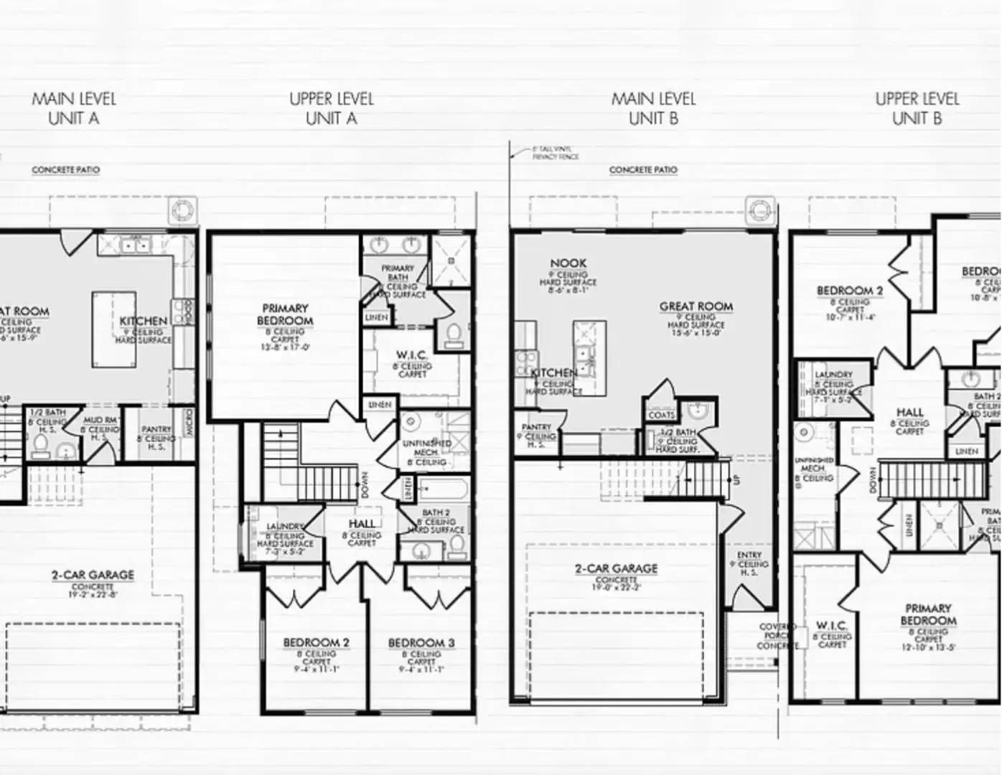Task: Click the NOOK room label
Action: [568, 263]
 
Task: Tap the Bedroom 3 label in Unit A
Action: [421, 643]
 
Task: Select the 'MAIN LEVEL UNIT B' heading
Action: [653, 108]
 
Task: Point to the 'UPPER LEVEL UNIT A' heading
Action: [332, 108]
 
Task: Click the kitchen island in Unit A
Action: [113, 328]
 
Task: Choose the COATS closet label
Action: [661, 415]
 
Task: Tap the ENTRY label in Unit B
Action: [749, 555]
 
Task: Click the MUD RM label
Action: [100, 420]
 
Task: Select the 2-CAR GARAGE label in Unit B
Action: [616, 568]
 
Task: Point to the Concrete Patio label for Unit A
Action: [65, 170]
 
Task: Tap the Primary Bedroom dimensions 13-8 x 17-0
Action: [285, 347]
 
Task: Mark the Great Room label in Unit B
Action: [696, 306]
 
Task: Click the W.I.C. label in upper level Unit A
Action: [412, 355]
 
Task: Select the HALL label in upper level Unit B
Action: [909, 413]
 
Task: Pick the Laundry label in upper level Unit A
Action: [285, 527]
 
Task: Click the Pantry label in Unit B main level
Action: [536, 427]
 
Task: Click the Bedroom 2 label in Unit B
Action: [850, 291]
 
